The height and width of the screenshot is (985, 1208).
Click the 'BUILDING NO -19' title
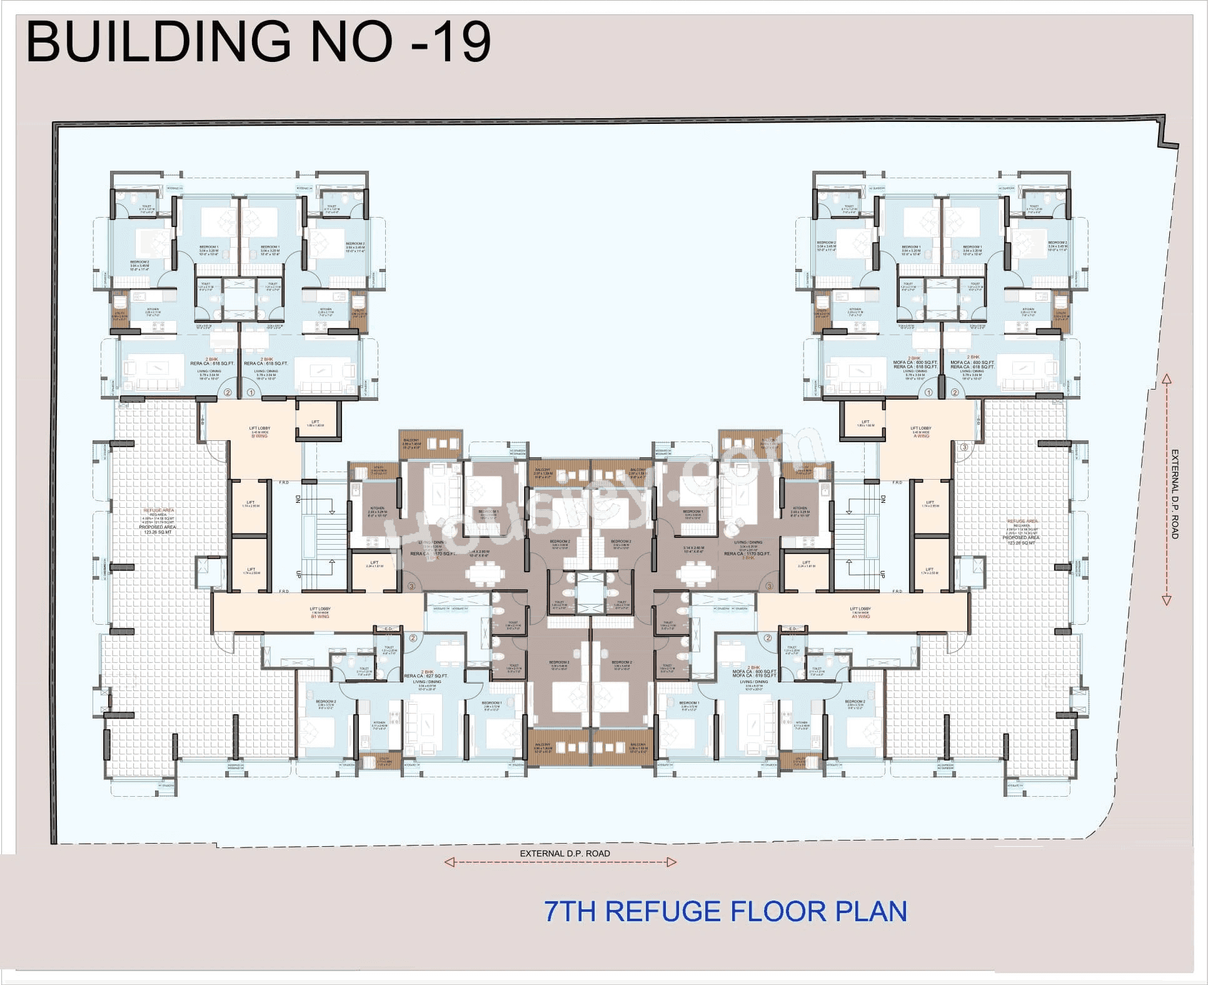click(x=258, y=41)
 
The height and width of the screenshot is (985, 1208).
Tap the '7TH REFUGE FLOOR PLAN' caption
click(x=725, y=911)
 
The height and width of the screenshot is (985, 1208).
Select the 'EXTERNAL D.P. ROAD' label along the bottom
click(x=565, y=853)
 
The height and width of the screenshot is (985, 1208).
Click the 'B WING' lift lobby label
click(x=259, y=436)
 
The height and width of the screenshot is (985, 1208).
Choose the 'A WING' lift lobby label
click(x=921, y=436)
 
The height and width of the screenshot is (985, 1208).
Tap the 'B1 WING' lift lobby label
click(x=320, y=616)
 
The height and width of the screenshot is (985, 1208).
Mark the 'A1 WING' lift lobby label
click(x=860, y=616)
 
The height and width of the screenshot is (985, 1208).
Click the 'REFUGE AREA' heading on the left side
click(x=159, y=510)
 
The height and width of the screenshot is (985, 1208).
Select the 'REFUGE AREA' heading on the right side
click(x=1022, y=521)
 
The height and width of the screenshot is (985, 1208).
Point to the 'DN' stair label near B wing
click(x=298, y=499)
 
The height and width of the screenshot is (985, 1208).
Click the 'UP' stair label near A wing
click(x=882, y=573)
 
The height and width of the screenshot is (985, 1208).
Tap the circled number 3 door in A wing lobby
click(x=964, y=447)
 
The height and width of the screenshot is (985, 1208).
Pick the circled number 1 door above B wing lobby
click(x=251, y=393)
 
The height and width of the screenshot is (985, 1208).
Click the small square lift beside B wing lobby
click(x=316, y=423)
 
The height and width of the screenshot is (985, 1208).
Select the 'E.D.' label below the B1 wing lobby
click(x=388, y=629)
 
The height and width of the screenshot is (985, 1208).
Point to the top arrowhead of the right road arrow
click(x=1166, y=379)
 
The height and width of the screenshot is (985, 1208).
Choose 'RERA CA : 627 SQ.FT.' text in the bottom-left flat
click(x=426, y=676)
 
